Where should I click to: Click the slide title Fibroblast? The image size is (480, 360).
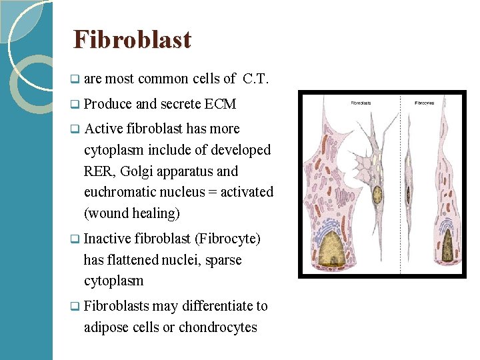(132, 40)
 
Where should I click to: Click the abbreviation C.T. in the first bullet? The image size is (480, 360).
(256, 79)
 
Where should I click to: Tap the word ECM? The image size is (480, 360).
(221, 104)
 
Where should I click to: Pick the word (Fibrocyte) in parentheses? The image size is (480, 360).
(227, 239)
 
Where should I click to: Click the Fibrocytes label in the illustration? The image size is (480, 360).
(425, 103)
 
